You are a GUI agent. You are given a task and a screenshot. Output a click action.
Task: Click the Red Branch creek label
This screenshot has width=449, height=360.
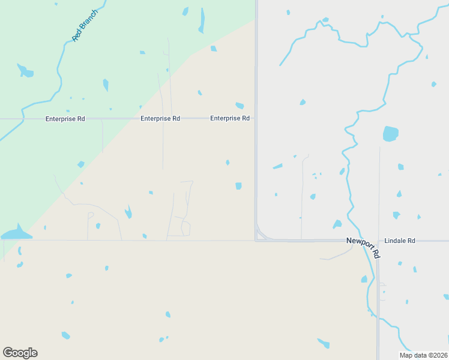(x=85, y=25)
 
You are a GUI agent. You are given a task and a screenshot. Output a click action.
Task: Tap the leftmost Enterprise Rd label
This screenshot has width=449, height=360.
(x=65, y=119)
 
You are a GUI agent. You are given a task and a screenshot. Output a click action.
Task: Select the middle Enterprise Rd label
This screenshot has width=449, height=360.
(x=160, y=119)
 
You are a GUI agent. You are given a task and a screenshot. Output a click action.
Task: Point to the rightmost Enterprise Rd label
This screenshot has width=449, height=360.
(x=230, y=119)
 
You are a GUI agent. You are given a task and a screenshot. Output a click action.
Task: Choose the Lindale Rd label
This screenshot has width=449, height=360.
(x=400, y=241)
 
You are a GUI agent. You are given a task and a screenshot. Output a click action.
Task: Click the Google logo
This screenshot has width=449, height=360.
(x=20, y=353)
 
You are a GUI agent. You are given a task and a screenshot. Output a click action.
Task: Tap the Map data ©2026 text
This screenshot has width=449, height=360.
(x=423, y=355)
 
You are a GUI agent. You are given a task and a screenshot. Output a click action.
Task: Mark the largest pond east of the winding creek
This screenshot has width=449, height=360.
(x=390, y=133)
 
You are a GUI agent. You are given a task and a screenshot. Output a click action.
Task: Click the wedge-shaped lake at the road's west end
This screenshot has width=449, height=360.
(x=16, y=233)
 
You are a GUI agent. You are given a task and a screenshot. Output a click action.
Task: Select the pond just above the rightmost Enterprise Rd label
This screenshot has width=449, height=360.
(x=240, y=106)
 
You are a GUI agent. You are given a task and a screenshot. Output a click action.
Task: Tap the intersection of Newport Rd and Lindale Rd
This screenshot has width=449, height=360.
(x=378, y=241)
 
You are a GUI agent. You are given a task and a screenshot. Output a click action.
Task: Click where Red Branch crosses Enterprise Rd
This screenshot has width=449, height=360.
(x=22, y=119)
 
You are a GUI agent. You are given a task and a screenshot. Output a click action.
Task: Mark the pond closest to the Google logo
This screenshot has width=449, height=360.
(x=65, y=335)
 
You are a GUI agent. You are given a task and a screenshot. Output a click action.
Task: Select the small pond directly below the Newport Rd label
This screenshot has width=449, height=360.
(x=364, y=279)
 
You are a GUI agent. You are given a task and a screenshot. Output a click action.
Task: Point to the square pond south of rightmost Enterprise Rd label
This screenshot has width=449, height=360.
(x=238, y=186)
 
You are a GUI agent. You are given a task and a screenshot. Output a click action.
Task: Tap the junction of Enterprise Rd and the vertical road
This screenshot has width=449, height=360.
(x=256, y=119)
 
